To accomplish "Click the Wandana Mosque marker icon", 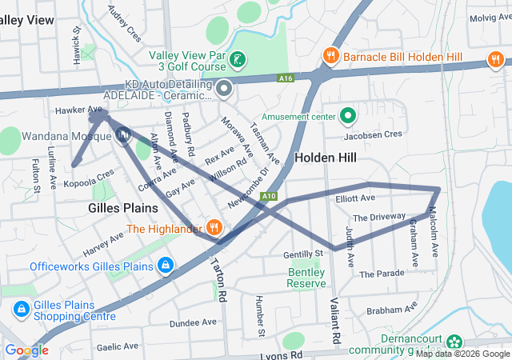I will point(123,136).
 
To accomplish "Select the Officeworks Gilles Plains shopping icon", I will point(165,265).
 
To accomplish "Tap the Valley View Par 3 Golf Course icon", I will point(238,60).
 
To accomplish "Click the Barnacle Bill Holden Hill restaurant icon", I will point(330,55).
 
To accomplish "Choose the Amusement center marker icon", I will point(348,117).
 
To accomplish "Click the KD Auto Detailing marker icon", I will point(225,88).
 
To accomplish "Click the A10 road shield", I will point(270,195).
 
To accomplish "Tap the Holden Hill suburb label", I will point(325,158).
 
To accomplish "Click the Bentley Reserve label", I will point(306,278).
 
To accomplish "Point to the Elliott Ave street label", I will point(355,198).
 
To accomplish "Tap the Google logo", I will point(26,350).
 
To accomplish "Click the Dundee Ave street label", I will point(193,322).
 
